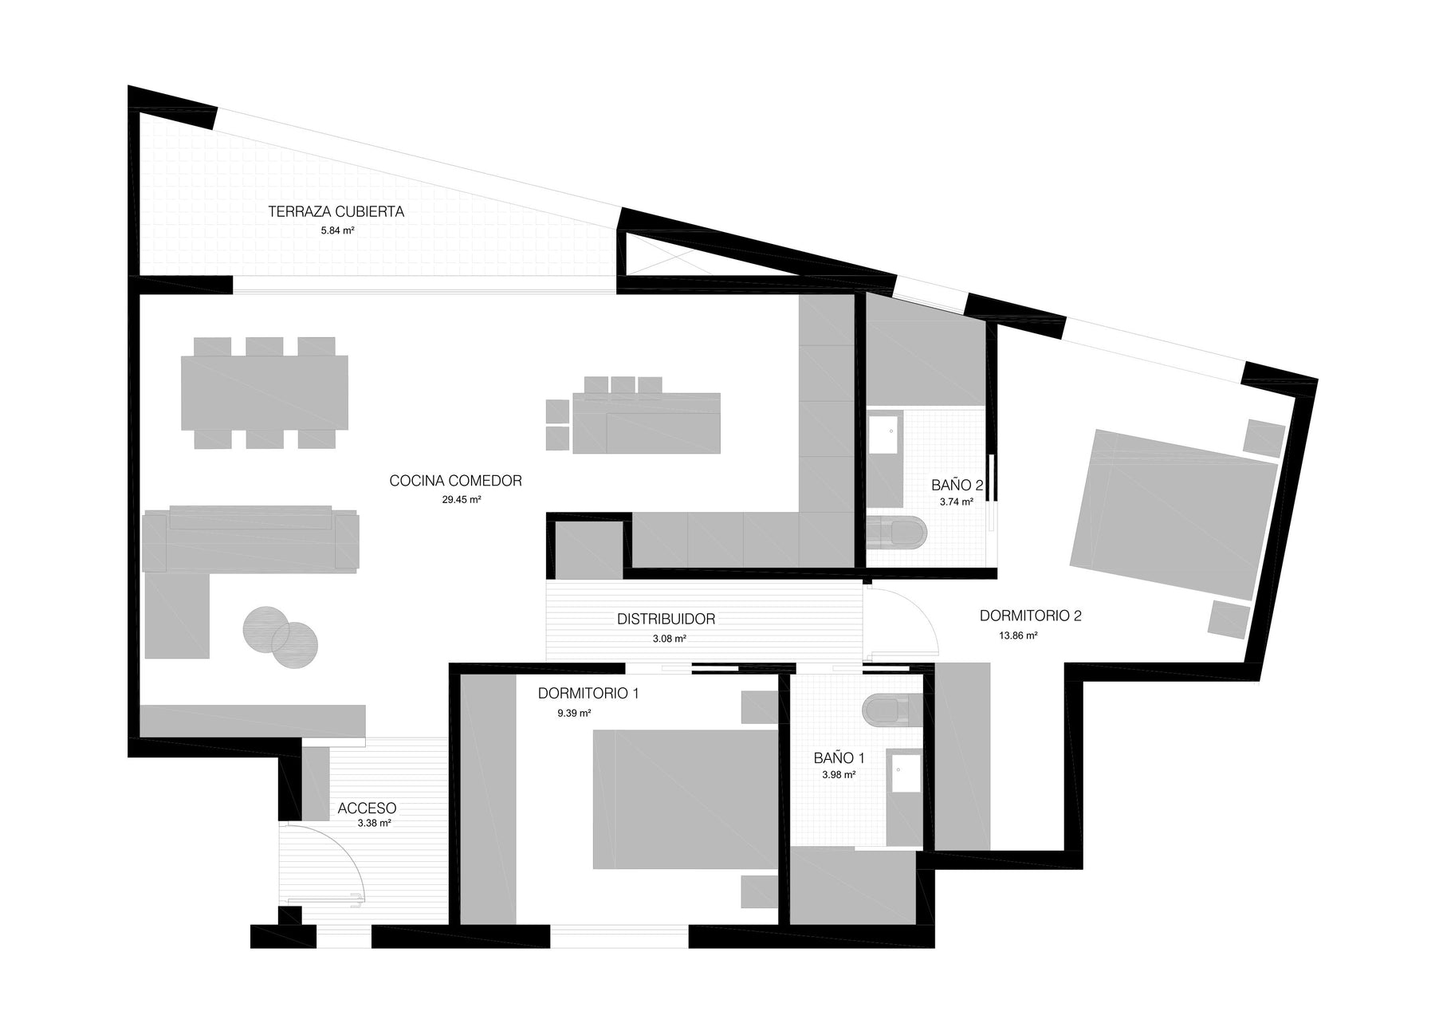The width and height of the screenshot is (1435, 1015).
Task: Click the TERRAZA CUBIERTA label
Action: click(x=336, y=211)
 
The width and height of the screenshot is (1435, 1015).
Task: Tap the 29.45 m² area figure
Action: click(x=462, y=500)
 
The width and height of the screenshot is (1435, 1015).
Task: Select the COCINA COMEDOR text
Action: click(x=455, y=481)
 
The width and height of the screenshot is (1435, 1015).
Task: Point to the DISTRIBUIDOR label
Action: click(x=666, y=619)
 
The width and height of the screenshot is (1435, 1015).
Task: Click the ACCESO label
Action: click(x=367, y=808)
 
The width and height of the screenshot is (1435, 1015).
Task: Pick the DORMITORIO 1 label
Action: click(x=588, y=694)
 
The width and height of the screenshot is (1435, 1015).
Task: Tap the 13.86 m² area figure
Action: click(x=1018, y=636)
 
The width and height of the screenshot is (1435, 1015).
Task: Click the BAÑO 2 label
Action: click(x=957, y=485)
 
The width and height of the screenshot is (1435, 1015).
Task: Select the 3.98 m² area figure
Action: click(x=839, y=774)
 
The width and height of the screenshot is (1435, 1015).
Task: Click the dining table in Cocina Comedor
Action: click(x=265, y=392)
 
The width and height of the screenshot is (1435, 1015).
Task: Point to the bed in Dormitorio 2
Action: click(x=1174, y=514)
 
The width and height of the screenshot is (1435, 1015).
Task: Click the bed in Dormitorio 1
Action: click(x=685, y=799)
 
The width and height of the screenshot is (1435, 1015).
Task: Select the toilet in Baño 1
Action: click(x=893, y=710)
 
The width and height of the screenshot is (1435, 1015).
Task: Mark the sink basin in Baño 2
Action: click(x=884, y=435)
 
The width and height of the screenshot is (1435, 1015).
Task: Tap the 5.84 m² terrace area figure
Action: click(x=337, y=230)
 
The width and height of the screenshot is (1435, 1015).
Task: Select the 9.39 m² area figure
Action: click(x=574, y=714)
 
